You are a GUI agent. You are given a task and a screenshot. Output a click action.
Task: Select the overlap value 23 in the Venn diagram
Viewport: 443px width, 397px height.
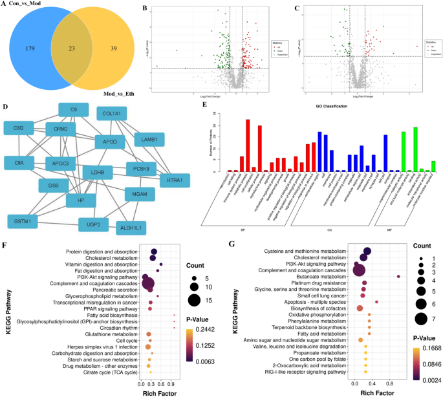(69, 48)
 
